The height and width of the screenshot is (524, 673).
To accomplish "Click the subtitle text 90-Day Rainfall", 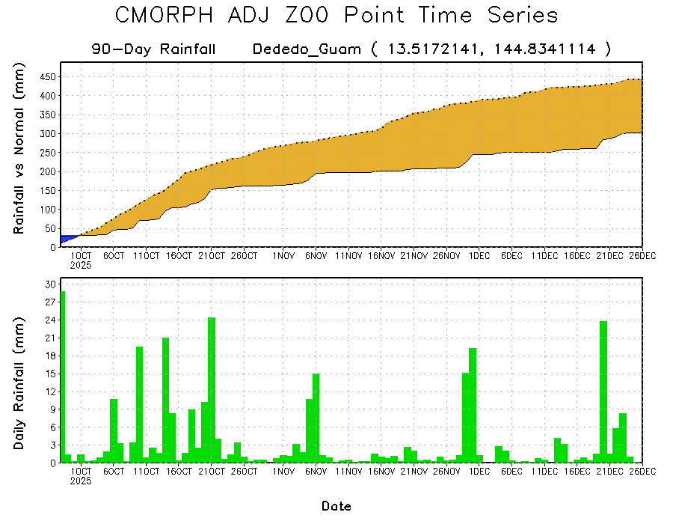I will (154, 49).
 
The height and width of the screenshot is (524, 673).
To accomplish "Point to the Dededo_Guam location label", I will (307, 49).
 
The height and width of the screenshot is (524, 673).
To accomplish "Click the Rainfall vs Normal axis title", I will (19, 150).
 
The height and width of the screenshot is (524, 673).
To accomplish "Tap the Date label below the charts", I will (336, 506).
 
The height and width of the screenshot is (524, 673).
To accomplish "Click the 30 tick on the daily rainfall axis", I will (49, 284).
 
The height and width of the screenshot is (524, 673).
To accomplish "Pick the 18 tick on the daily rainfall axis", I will (49, 356).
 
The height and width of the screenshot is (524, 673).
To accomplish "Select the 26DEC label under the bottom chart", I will (642, 472).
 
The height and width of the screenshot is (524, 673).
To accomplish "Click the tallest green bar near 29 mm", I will (63, 374).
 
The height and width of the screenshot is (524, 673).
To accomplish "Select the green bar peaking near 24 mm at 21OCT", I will (212, 389).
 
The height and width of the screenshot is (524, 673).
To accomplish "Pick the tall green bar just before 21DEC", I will (603, 389).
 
